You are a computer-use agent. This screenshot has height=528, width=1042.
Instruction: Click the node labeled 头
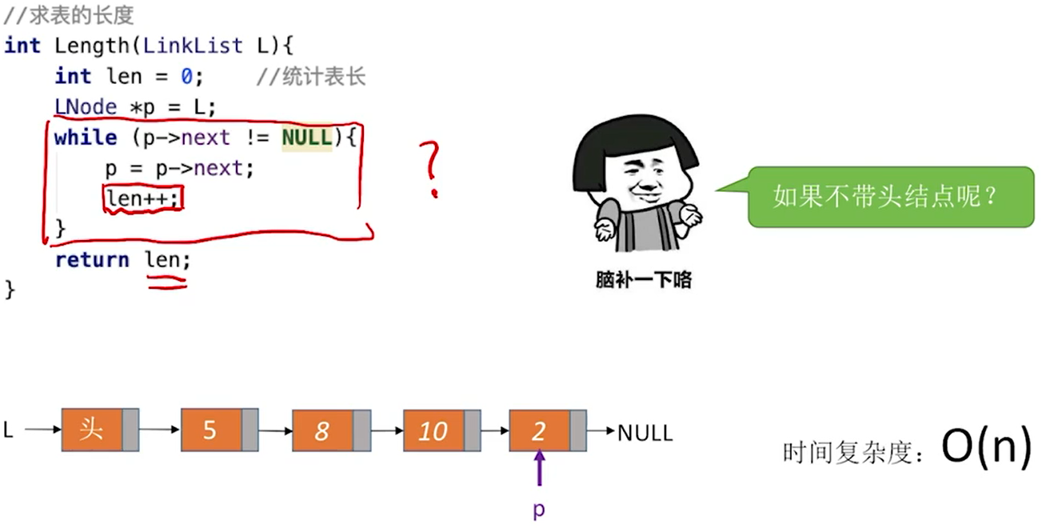99,430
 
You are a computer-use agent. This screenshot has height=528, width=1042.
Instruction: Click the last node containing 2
548,430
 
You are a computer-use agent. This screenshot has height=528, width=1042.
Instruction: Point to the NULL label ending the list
645,433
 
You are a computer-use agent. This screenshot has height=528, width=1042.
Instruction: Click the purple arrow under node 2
539,468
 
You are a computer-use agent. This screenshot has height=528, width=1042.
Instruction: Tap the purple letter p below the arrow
539,510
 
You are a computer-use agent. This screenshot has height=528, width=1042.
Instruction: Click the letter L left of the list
9,430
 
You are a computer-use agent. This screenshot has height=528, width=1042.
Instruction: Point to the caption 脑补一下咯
644,280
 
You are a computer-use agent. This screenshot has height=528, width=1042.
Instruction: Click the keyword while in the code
86,138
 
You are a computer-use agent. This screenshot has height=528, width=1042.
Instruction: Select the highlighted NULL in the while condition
306,138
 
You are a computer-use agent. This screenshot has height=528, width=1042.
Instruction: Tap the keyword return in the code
92,259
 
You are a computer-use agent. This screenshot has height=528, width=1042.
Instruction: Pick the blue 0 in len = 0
186,76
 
